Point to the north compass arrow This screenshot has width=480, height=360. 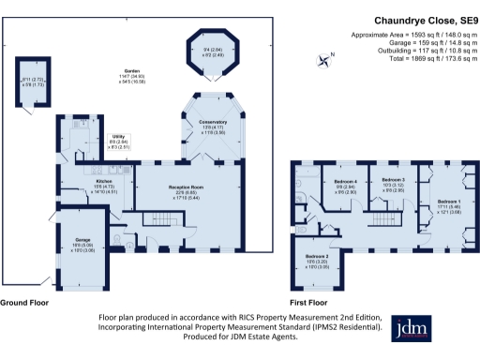[325, 61]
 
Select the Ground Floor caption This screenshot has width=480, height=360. [29, 303]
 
